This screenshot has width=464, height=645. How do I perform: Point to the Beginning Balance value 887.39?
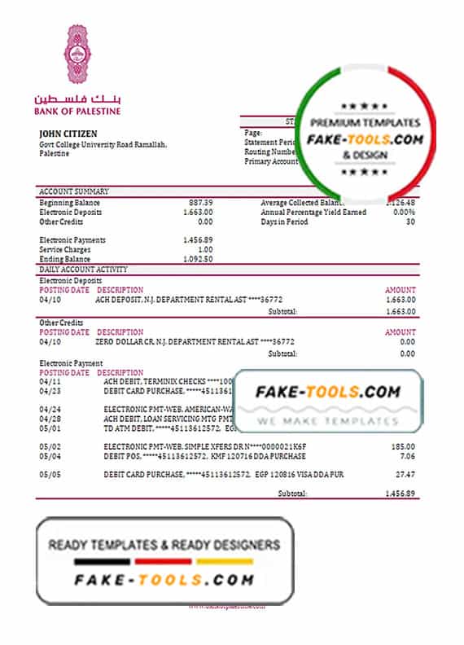tap(199, 202)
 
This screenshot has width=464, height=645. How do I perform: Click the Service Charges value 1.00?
tap(204, 249)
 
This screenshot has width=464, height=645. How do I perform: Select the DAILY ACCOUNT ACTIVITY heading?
tap(83, 269)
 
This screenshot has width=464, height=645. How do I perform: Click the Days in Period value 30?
tap(409, 222)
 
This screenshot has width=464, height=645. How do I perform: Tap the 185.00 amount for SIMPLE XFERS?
tap(402, 447)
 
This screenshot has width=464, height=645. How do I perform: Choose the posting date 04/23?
tap(50, 390)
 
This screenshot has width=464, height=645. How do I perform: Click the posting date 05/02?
tap(50, 447)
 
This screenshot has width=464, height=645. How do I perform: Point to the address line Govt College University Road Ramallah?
tap(103, 144)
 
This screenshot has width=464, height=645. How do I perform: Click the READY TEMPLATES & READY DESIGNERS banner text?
tap(164, 545)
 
